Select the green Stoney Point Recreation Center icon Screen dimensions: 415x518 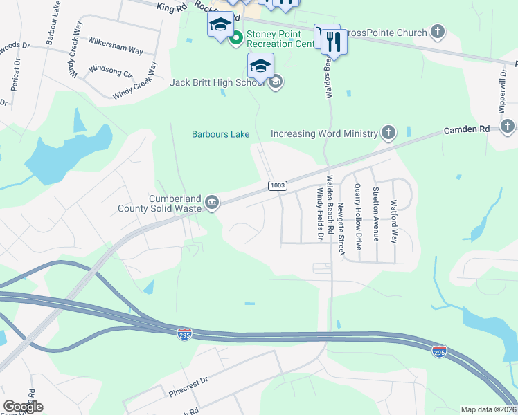click(235, 37)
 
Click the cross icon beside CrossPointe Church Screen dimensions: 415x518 click(437, 31)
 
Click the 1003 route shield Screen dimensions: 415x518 click(276, 185)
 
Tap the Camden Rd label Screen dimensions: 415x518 click(467, 129)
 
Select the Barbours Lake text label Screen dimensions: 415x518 click(220, 134)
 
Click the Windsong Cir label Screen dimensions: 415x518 click(111, 71)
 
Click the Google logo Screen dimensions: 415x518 click(23, 407)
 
